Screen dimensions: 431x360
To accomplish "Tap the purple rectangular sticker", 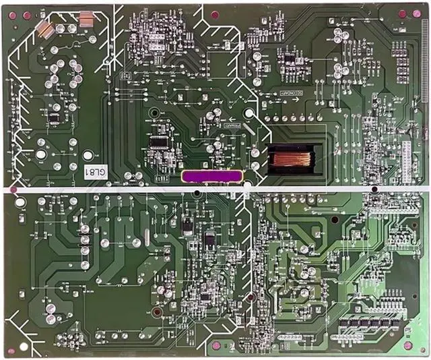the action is pyautogui.click(x=211, y=176).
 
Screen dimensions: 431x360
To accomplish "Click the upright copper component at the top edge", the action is pyautogui.click(x=86, y=21).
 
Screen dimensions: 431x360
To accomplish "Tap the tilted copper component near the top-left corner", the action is pyautogui.click(x=45, y=28).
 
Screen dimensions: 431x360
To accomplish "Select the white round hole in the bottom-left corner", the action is pyautogui.click(x=24, y=347).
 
